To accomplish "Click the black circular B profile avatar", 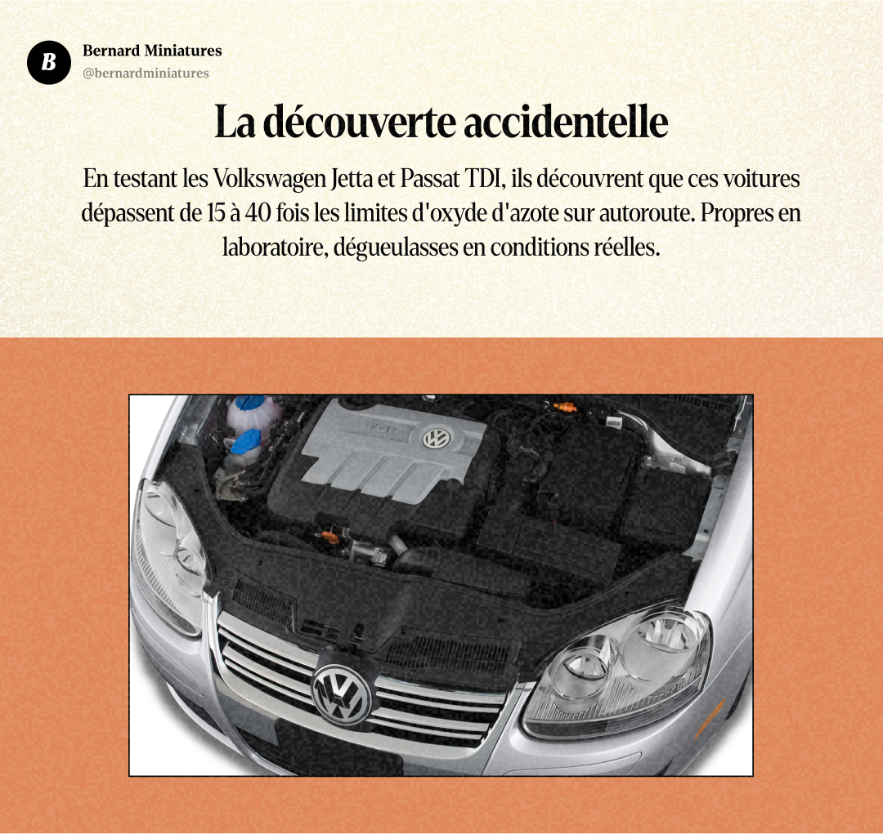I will point(49,61).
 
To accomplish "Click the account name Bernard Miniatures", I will point(152,51).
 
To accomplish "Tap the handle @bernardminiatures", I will point(146,74).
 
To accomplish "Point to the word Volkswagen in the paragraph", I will point(262,178).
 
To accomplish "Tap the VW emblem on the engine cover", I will point(436,439).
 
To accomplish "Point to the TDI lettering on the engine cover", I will point(379,427).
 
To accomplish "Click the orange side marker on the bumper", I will point(709,718).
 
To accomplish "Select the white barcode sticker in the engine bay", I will point(612,424).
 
